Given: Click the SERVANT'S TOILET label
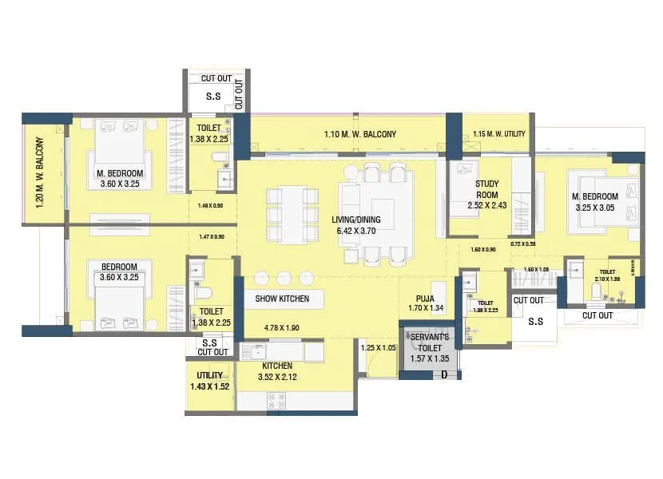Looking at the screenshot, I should pyautogui.click(x=430, y=342).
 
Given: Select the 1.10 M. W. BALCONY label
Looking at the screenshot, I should pyautogui.click(x=359, y=134).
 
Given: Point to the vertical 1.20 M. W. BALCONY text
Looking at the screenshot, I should pyautogui.click(x=39, y=173).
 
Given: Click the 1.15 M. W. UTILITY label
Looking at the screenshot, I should pyautogui.click(x=499, y=134).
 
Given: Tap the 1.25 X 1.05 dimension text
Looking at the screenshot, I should pyautogui.click(x=379, y=348).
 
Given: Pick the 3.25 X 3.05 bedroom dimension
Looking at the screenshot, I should pyautogui.click(x=596, y=208).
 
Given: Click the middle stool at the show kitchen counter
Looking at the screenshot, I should pyautogui.click(x=283, y=278).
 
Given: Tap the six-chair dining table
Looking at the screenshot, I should pyautogui.click(x=288, y=213).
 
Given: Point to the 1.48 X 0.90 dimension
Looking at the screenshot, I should pyautogui.click(x=210, y=206).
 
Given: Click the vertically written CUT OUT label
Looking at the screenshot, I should pyautogui.click(x=239, y=93).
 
